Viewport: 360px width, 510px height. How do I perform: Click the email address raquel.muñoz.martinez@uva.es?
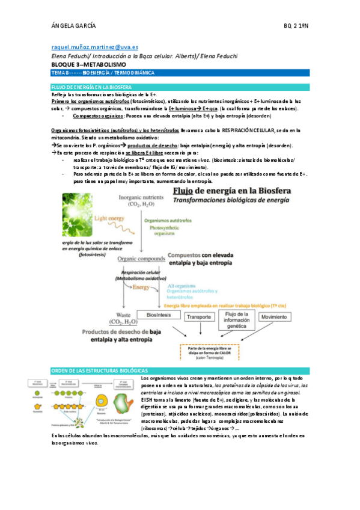94,46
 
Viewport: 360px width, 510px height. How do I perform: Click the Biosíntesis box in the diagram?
159,315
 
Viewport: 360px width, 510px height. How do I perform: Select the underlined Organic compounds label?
141,259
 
